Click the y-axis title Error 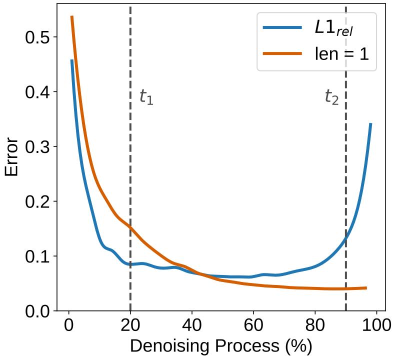point(12,157)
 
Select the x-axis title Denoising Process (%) point(221,346)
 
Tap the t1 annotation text point(146,97)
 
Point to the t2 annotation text point(331,97)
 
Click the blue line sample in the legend point(282,28)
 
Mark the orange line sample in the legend point(282,53)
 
